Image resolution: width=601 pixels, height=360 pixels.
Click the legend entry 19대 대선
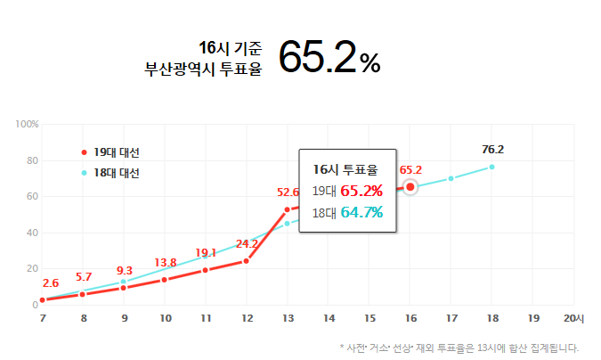tap(116, 152)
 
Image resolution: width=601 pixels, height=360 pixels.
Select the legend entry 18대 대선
tap(116, 173)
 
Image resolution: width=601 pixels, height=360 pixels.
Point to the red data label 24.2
tap(247, 243)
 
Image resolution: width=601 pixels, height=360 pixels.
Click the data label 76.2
tap(492, 149)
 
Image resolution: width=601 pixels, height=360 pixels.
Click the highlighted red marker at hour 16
tap(410, 187)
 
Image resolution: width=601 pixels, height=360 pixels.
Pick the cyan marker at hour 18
tap(491, 167)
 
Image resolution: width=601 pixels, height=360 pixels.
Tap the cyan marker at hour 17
tap(451, 178)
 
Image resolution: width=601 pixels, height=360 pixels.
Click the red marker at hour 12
tap(247, 261)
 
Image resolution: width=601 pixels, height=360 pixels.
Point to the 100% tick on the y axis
tap(28, 124)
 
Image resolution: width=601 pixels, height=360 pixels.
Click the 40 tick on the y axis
tap(32, 233)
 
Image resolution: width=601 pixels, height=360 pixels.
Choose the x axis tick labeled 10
tap(166, 318)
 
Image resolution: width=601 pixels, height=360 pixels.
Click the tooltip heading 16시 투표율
tap(345, 168)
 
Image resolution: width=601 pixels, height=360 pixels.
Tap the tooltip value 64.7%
tap(361, 212)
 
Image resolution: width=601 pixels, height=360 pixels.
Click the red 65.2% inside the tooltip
tap(361, 190)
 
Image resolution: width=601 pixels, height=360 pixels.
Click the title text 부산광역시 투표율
tap(204, 66)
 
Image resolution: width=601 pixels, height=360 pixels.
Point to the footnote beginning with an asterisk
tap(459, 348)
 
